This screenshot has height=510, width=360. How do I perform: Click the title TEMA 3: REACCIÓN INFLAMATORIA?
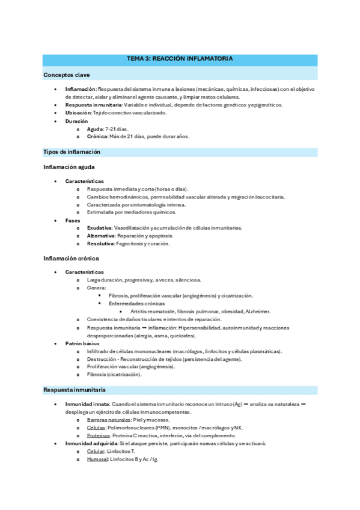180,59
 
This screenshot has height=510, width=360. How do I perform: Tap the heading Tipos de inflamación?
72,152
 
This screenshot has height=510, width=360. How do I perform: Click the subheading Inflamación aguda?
69,167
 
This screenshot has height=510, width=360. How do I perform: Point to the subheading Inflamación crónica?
70,258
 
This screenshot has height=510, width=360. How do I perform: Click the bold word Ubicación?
78,112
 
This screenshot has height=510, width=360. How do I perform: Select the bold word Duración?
76,121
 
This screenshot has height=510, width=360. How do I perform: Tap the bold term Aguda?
95,129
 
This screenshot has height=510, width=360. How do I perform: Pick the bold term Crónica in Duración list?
97,137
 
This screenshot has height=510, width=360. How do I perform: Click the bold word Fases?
73,220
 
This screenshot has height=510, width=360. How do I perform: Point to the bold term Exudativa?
99,228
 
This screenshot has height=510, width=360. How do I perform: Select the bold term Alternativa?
100,236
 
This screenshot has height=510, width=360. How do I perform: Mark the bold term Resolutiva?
100,244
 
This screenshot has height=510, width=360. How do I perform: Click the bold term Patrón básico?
83,343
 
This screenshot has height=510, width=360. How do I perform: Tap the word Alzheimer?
258,312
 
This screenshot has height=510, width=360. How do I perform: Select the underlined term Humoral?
97,459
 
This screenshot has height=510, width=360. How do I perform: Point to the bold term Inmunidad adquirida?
91,443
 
